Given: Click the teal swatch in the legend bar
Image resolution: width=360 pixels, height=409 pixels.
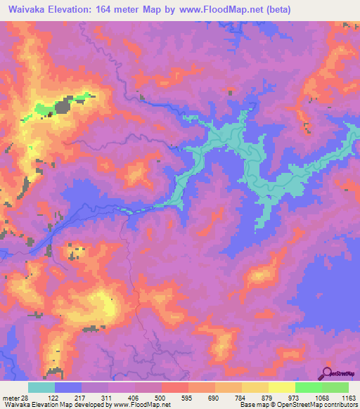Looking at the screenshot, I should point(41,388).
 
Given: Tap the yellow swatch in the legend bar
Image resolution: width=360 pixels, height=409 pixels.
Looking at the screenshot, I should point(281,388).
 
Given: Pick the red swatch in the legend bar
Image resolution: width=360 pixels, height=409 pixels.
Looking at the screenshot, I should point(174,388).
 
